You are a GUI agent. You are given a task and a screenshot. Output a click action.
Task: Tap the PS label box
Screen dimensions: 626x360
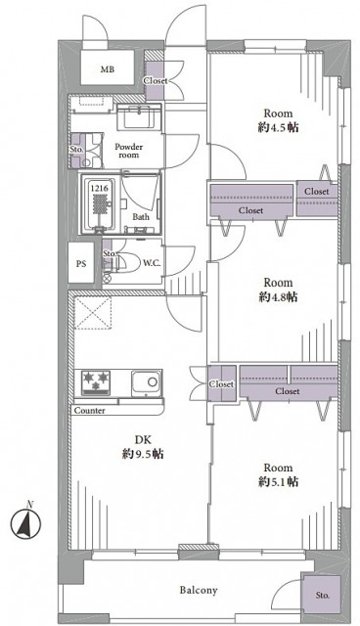point(81,264)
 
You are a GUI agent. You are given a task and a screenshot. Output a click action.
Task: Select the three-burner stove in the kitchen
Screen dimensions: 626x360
point(98,380)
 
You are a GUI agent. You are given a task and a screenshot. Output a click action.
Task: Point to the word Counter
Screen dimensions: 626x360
point(89,410)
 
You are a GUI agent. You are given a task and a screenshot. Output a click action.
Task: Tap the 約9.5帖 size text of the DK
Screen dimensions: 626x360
point(144,455)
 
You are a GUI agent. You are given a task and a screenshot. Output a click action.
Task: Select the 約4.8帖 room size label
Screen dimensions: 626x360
point(278,296)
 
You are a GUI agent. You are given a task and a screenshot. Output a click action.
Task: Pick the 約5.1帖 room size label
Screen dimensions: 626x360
point(279,482)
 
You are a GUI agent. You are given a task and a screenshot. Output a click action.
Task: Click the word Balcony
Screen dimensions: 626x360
point(198,591)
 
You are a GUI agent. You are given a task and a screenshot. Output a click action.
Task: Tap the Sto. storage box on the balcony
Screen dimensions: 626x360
point(322,595)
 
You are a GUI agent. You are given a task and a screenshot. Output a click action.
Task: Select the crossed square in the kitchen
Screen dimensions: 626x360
point(96,314)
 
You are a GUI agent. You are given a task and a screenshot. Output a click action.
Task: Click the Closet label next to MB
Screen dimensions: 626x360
point(155,80)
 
